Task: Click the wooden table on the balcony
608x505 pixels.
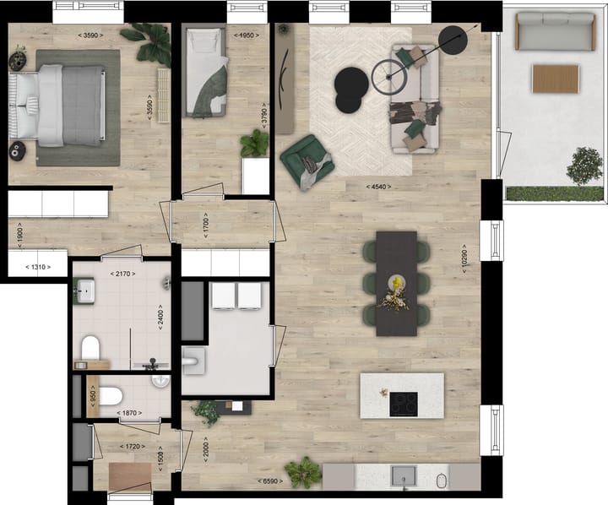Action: click(x=556, y=79)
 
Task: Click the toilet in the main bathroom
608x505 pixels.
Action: click(x=90, y=348)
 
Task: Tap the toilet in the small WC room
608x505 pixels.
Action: click(x=110, y=394)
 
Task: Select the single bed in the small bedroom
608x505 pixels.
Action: click(x=206, y=72)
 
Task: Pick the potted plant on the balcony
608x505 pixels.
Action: click(x=584, y=166)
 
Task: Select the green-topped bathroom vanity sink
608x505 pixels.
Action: click(x=84, y=292)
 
